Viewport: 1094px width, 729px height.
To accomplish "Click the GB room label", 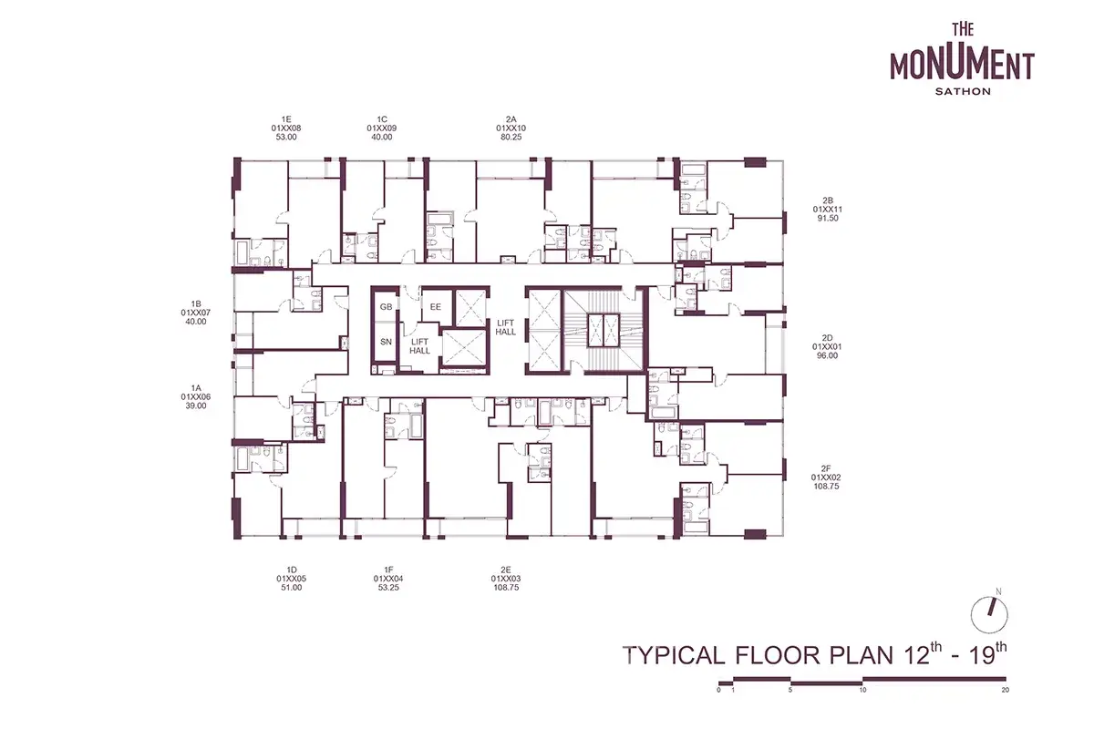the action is (386, 307).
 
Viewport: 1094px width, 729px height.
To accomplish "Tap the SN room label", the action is (386, 342).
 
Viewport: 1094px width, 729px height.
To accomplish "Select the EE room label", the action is (436, 307).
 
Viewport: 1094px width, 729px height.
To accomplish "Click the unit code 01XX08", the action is (286, 128).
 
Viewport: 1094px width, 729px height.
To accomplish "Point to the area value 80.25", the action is (511, 138).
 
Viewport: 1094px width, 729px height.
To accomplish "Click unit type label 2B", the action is (828, 200).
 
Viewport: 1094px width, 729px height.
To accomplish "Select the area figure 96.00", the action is (827, 355).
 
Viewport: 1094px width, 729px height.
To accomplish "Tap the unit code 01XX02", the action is (826, 477).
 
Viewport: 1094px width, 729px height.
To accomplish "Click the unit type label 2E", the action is (505, 570).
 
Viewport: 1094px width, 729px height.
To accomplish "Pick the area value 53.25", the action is (388, 588).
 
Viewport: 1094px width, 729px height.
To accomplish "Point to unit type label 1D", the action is (292, 570).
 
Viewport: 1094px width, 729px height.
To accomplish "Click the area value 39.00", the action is (196, 406).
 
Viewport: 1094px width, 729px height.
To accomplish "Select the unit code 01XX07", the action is (196, 313).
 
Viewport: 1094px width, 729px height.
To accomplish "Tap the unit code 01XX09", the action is (381, 128).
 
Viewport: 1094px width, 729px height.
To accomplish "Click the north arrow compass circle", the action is (989, 615).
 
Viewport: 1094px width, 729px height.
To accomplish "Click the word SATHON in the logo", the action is (963, 91).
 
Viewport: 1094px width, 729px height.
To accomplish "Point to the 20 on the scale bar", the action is (1005, 690).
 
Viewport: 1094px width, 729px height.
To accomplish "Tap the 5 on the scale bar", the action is (790, 690).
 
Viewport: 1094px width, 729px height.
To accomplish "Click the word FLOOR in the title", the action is (779, 655).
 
